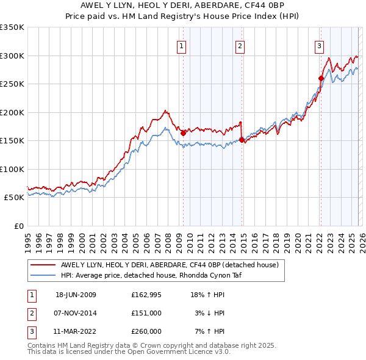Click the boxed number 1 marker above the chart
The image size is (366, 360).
pyautogui.click(x=182, y=45)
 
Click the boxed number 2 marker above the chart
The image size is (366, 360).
pyautogui.click(x=240, y=45)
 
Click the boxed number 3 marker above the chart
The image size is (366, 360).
pyautogui.click(x=319, y=45)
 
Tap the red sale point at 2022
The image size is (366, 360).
pyautogui.click(x=320, y=78)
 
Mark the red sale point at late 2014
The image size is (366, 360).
pyautogui.click(x=242, y=140)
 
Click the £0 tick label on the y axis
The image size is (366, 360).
pyautogui.click(x=18, y=226)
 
